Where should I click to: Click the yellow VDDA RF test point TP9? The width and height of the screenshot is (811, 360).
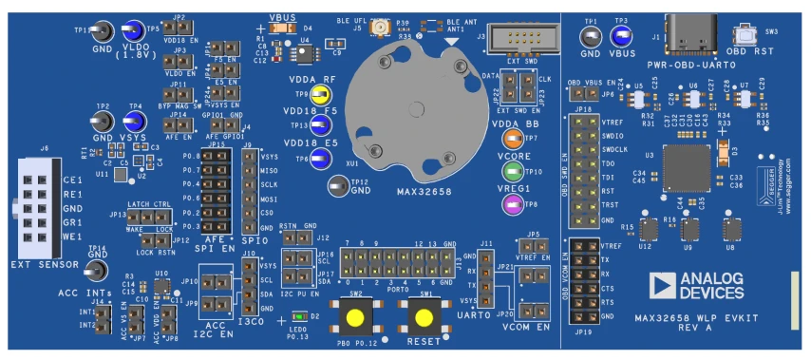point(321,94)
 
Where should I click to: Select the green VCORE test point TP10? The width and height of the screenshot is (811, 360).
point(514,172)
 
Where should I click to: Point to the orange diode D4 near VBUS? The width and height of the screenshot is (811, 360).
point(280,28)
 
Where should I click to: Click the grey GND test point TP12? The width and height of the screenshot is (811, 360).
point(336,187)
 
